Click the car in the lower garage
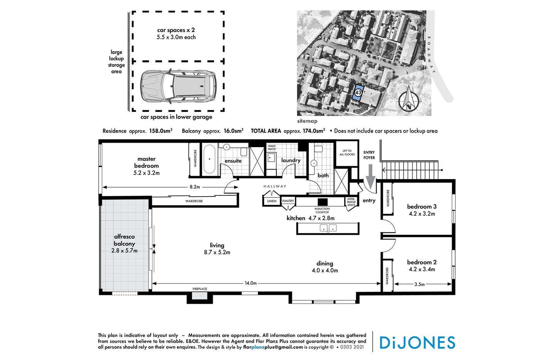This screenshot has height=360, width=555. [178, 87]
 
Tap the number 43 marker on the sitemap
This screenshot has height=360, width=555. [358, 93]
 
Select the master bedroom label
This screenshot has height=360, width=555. [146, 162]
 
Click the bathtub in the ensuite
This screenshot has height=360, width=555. [210, 159]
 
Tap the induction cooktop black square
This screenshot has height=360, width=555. [322, 202]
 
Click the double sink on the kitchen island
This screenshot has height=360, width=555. [328, 228]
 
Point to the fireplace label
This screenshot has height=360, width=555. [200, 289]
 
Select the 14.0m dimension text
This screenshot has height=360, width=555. [251, 283]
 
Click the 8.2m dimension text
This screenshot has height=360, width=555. [195, 187]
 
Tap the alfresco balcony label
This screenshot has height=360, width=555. [124, 240]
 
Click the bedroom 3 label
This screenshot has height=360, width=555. [422, 207]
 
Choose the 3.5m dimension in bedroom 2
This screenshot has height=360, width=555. [419, 284]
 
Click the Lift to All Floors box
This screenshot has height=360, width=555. [347, 153]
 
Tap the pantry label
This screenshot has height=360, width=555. [288, 201]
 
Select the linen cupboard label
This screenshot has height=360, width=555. [272, 201]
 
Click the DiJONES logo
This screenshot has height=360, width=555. [417, 342]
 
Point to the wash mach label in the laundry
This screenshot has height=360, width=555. [272, 148]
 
